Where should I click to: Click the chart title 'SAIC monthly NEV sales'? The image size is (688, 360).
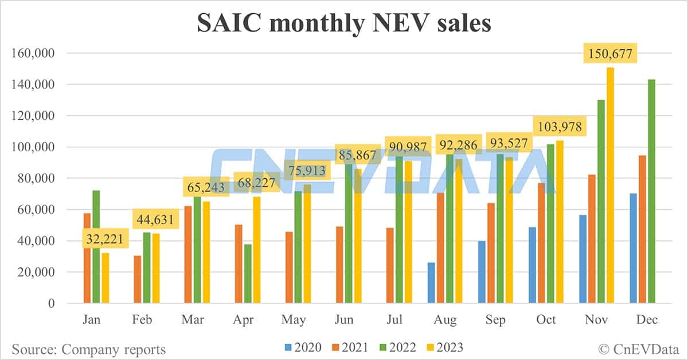click(344, 24)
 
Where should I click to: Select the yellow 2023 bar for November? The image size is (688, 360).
click(611, 186)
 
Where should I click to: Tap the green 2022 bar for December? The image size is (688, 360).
click(652, 191)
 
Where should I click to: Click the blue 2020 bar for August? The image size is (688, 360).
click(431, 283)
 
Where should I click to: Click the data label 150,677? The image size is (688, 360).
click(611, 55)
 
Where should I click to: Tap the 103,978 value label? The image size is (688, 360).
click(560, 126)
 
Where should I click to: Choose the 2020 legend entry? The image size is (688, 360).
click(302, 347)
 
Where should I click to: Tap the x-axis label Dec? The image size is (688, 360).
click(647, 320)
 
